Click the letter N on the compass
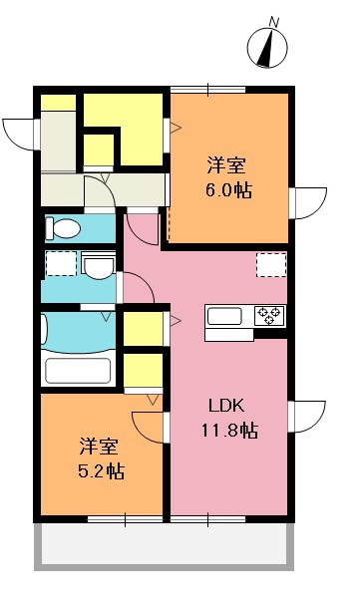[x=275, y=18]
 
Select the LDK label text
[x=226, y=406]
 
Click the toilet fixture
[x=63, y=229]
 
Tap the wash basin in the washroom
[x=99, y=267]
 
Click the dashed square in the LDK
[x=271, y=264]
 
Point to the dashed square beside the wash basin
[x=60, y=264]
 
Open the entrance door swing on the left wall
[x=21, y=132]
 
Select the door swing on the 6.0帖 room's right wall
[x=307, y=202]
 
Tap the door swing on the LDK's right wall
[x=307, y=416]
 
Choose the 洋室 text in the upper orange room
[x=226, y=164]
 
